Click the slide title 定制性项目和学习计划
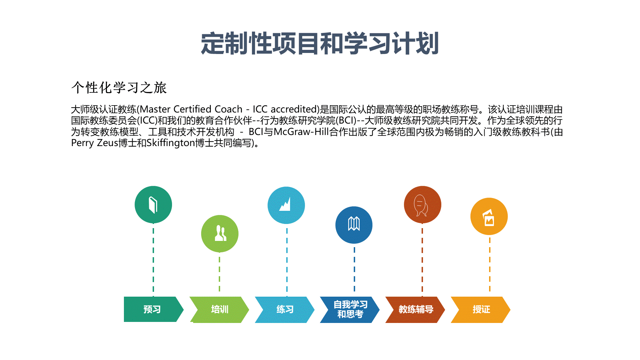(x=320, y=44)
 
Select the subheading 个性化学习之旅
(x=119, y=88)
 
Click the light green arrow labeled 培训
(x=219, y=309)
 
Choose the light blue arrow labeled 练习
(x=285, y=309)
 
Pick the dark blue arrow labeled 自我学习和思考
(x=350, y=309)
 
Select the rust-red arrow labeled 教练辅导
(x=415, y=309)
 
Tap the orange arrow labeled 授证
(x=481, y=309)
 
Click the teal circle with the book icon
(x=153, y=205)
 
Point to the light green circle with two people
(x=220, y=234)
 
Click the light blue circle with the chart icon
(x=286, y=205)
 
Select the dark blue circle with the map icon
(x=354, y=225)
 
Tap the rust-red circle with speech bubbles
(x=423, y=205)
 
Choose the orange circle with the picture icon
(x=489, y=216)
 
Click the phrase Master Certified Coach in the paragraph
(x=191, y=109)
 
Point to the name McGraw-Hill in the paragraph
(x=301, y=132)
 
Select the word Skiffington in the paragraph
(x=171, y=143)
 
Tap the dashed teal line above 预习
(x=153, y=260)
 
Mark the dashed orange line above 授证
(x=490, y=266)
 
